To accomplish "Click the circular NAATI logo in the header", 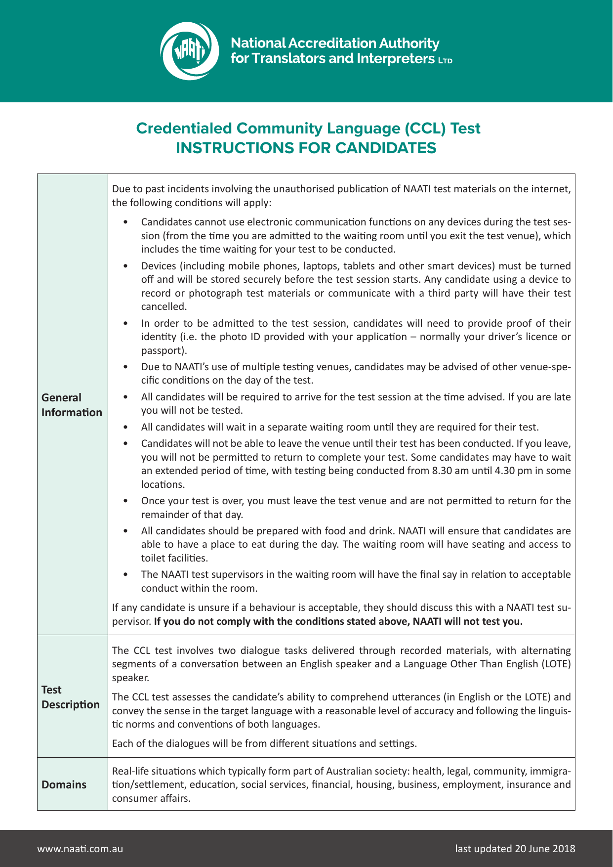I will point(190,51).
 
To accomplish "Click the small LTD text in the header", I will point(445,61).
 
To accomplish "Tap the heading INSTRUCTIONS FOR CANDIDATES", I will point(306,148).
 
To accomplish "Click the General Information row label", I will point(72,405).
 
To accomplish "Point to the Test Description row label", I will point(70,697).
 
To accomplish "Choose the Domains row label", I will point(64,784).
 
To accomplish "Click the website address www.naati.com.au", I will point(80,849).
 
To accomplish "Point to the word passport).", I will point(164,350).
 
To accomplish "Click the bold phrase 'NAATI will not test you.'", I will point(467,621).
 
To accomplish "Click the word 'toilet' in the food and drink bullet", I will point(153,558).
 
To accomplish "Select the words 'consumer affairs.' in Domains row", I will point(151,798).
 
